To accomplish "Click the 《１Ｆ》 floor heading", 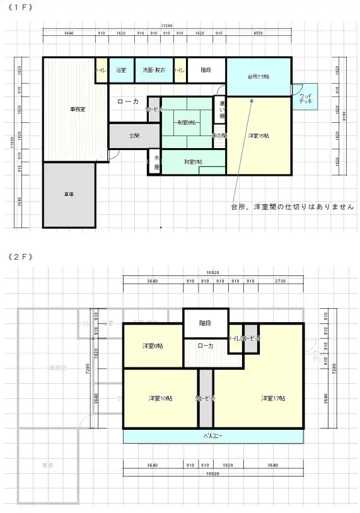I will (x=21, y=7).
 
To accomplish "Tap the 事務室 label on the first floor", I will (x=78, y=109).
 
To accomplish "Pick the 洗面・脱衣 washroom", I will (x=153, y=70).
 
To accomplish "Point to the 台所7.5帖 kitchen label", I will (x=258, y=77).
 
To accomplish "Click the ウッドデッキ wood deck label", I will (x=306, y=98).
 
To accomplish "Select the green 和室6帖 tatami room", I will (x=186, y=122).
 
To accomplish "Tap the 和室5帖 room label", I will (x=193, y=162).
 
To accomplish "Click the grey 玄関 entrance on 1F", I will (x=134, y=135).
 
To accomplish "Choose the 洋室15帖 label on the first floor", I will (x=258, y=135).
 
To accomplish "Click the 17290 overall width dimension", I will (x=166, y=26).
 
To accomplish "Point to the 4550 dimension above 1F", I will (x=258, y=32).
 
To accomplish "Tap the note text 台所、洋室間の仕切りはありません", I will (x=292, y=207).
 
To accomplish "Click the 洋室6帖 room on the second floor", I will (x=153, y=346).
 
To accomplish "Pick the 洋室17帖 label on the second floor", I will (x=274, y=398).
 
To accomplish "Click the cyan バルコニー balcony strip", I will (x=212, y=436).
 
